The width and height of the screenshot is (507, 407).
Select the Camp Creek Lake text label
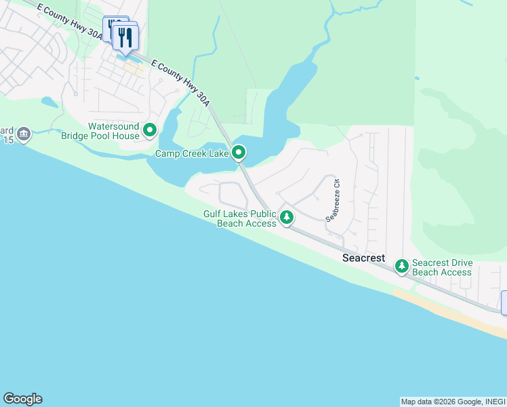point(192,154)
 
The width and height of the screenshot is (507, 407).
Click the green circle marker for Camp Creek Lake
point(238,153)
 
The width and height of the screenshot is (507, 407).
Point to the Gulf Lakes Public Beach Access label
point(240,218)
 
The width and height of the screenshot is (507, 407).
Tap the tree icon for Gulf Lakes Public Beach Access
point(287,218)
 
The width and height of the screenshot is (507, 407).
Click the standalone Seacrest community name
point(363,258)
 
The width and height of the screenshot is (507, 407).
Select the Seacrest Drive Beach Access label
point(442,267)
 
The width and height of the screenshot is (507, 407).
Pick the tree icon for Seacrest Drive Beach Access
point(403,267)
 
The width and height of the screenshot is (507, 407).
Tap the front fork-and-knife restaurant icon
point(125,38)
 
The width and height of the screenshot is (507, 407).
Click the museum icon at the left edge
point(24,134)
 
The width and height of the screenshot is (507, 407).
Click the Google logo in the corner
point(22,399)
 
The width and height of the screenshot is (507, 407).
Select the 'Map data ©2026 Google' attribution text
point(440,402)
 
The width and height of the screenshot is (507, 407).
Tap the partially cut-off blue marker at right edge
point(504,303)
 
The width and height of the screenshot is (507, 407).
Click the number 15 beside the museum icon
point(9,140)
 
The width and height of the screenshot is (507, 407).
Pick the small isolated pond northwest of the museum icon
point(49,102)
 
